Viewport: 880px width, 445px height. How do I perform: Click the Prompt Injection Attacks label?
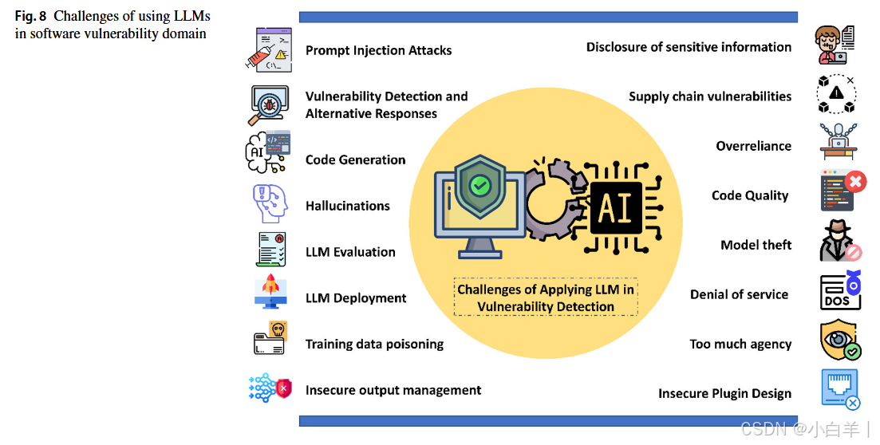(378, 50)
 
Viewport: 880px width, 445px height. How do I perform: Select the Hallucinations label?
(347, 206)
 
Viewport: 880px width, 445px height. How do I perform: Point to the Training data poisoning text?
(374, 345)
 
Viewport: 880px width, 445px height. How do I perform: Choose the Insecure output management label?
(393, 391)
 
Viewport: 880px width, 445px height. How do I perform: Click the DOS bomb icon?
(841, 292)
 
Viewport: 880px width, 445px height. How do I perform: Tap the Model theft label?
(756, 245)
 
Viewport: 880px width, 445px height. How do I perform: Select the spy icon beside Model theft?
(840, 240)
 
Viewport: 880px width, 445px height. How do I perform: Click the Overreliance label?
(753, 146)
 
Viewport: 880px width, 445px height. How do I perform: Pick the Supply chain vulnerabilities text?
(710, 96)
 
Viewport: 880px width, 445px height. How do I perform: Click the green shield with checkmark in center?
(479, 186)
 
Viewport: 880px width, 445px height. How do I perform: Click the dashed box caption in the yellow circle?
(546, 297)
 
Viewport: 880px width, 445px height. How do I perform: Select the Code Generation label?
(355, 159)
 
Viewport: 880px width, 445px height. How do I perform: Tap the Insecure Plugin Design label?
(724, 393)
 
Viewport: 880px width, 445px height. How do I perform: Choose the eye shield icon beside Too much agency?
(840, 340)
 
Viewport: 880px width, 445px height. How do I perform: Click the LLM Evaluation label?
(350, 252)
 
